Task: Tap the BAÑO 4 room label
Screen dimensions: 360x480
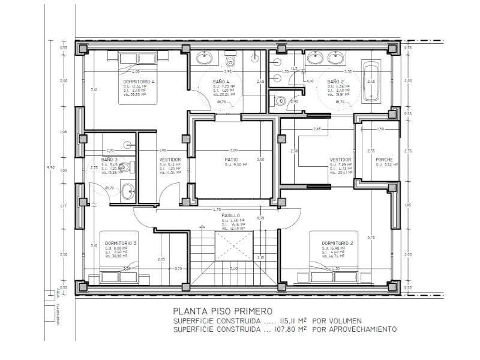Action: tap(220, 80)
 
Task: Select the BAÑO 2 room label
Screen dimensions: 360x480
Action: tap(335, 80)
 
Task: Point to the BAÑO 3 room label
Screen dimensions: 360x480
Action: tap(109, 160)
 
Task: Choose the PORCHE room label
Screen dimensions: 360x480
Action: tap(384, 160)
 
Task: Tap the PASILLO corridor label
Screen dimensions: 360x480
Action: tap(231, 215)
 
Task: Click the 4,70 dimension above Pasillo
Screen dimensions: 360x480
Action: tap(217, 209)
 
